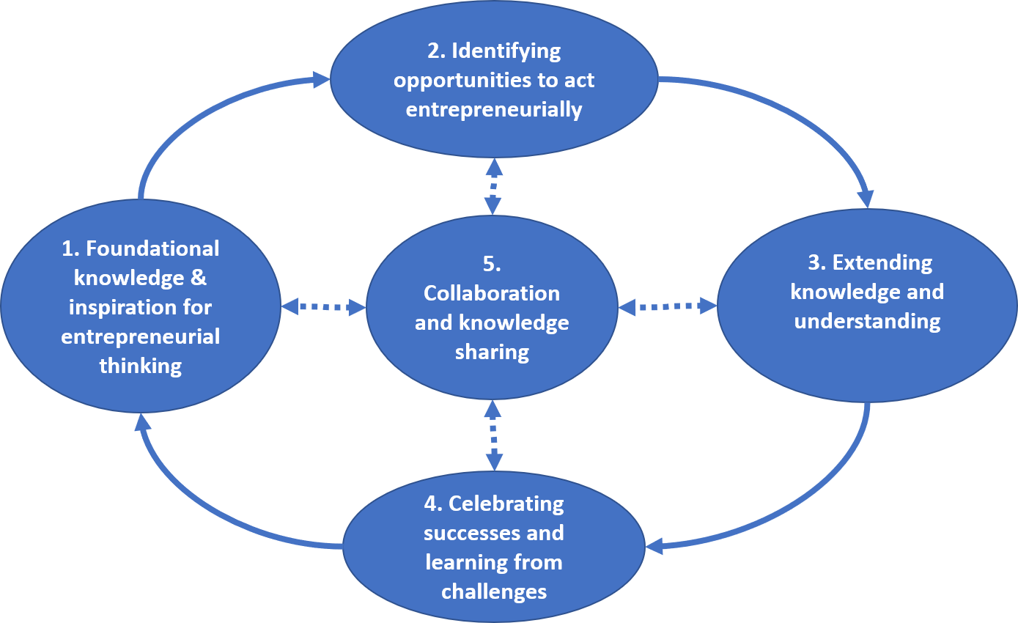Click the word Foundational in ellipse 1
coord(152,248)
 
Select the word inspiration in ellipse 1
coord(112,307)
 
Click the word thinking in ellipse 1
coord(141,366)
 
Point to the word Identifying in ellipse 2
coord(506,51)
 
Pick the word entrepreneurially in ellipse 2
coord(493,109)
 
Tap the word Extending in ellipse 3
coord(882,262)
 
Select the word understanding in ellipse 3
coord(867,321)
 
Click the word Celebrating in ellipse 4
coord(506,504)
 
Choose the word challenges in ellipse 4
coord(493,591)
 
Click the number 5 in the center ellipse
coord(492,264)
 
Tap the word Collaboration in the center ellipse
coord(492,293)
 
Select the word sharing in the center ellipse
coord(492,352)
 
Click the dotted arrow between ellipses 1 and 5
coord(323,308)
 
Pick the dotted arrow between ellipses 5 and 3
coord(668,306)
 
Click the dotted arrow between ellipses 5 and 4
coord(494,435)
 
